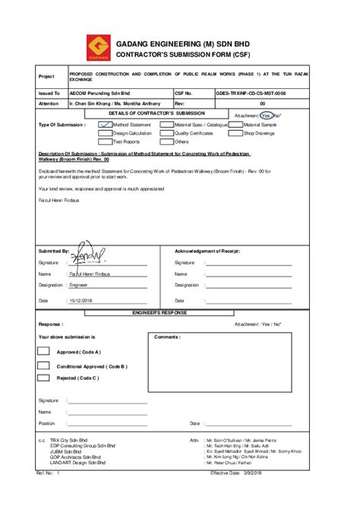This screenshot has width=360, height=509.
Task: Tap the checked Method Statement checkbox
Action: [x=106, y=125]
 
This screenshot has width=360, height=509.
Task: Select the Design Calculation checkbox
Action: [x=106, y=133]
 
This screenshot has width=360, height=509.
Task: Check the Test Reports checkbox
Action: [x=106, y=141]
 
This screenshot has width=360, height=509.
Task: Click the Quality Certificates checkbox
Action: [x=167, y=133]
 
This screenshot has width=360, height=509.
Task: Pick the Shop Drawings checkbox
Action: [x=236, y=133]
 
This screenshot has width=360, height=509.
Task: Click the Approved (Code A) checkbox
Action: [x=44, y=352]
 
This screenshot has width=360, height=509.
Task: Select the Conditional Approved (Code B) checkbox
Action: [x=44, y=365]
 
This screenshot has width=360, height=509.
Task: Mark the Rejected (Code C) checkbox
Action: [x=44, y=378]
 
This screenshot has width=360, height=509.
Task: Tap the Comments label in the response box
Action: [x=166, y=337]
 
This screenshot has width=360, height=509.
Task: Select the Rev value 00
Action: [x=262, y=103]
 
